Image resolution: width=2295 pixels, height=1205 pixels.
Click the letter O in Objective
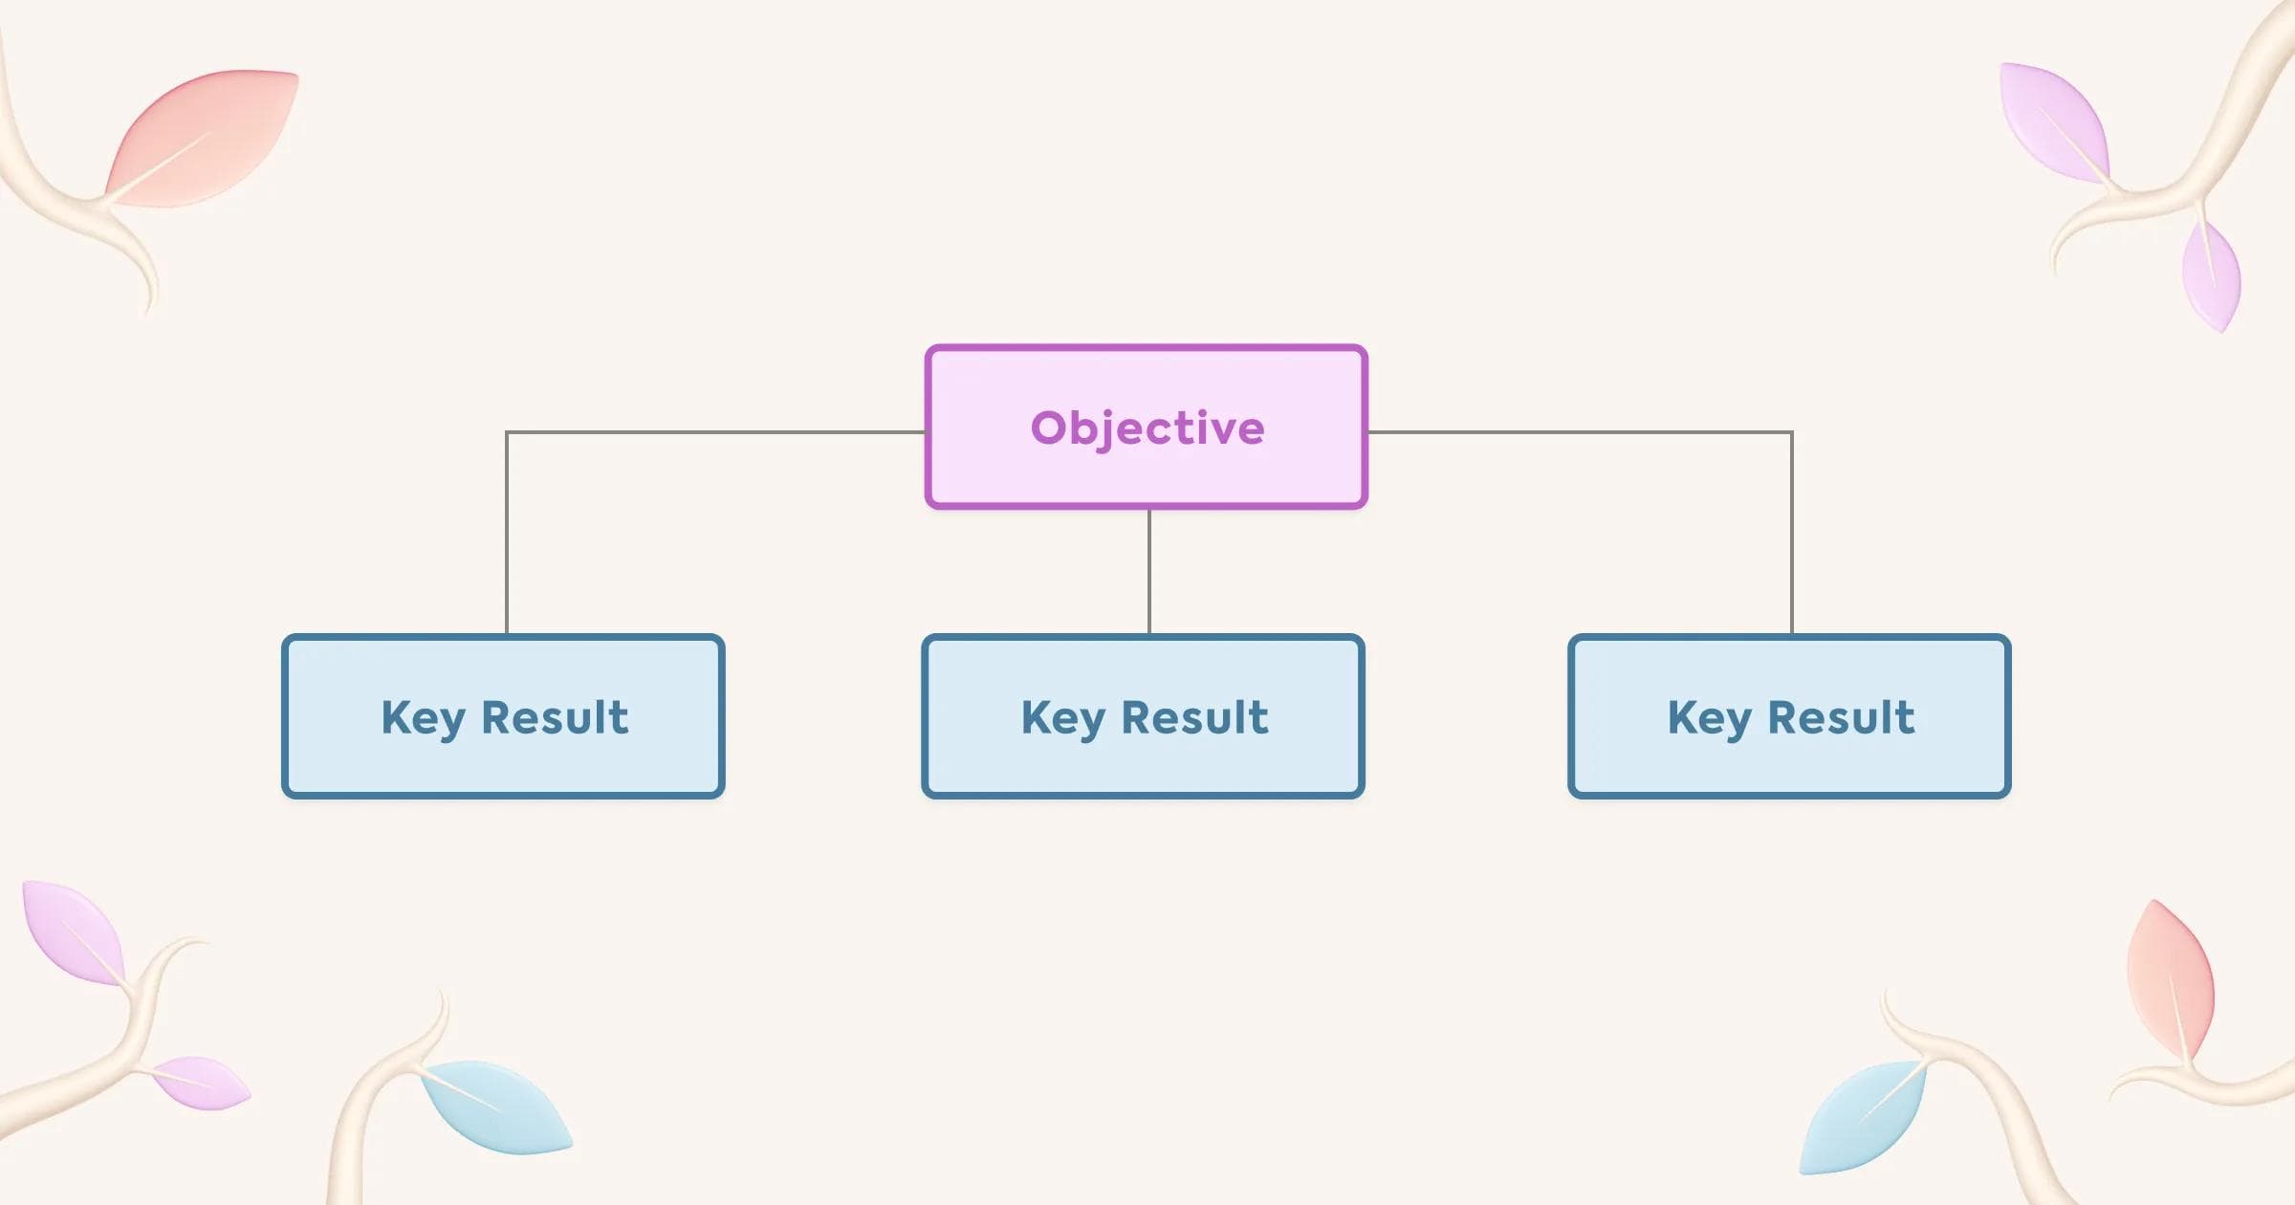click(x=1049, y=427)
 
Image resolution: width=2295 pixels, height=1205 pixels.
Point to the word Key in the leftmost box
click(x=423, y=717)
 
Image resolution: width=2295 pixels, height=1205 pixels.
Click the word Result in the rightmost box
click(x=1841, y=717)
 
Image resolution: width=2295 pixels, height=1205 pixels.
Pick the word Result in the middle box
click(x=1194, y=717)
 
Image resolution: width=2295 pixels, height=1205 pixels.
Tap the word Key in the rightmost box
click(x=1709, y=717)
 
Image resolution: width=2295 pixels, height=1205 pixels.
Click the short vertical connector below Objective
click(x=1149, y=571)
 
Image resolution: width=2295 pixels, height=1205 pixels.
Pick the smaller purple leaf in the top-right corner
click(x=2211, y=275)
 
